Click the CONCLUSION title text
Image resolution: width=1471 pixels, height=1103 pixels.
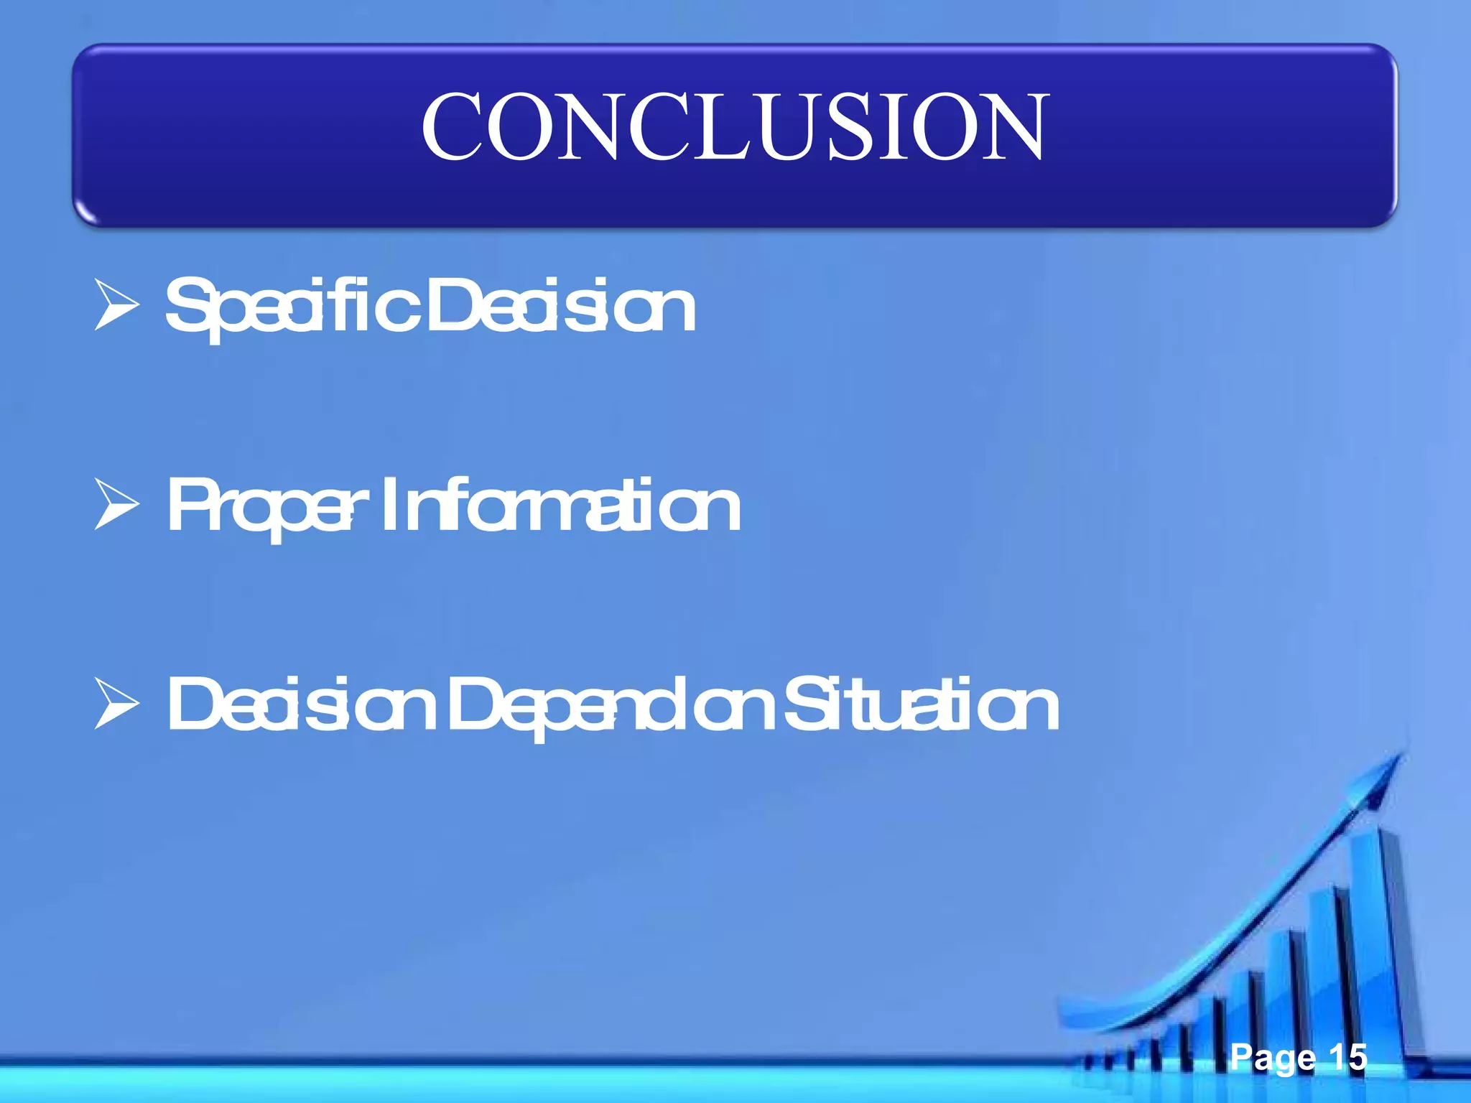pos(735,127)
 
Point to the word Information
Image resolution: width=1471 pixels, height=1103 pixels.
pos(560,507)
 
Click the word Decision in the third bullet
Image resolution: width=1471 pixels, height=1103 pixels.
pos(302,706)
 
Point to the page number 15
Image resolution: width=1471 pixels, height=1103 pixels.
pos(1347,1056)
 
